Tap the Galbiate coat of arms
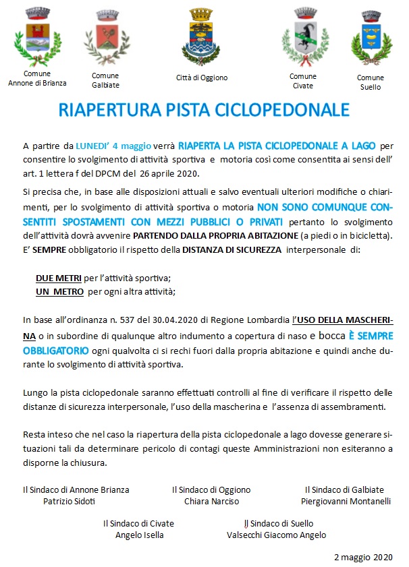pyautogui.click(x=104, y=37)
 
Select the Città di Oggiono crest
pyautogui.click(x=200, y=38)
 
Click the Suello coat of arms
pyautogui.click(x=369, y=38)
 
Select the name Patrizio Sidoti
pyautogui.click(x=70, y=502)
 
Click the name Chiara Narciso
pyautogui.click(x=211, y=502)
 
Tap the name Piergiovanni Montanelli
pyautogui.click(x=346, y=502)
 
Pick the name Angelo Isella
pyautogui.click(x=139, y=535)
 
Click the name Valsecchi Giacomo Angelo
pyautogui.click(x=277, y=535)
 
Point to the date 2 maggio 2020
pyautogui.click(x=362, y=557)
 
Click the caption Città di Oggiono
pyautogui.click(x=202, y=78)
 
